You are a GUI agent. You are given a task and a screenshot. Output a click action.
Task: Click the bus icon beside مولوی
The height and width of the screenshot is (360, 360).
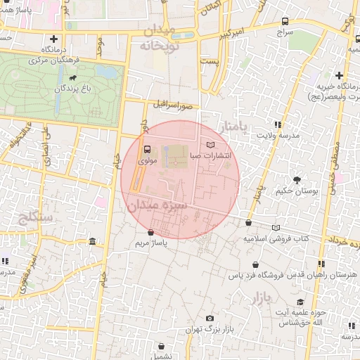pyautogui.click(x=146, y=149)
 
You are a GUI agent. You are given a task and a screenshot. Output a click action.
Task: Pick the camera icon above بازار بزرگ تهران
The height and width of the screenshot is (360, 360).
pyautogui.click(x=209, y=319)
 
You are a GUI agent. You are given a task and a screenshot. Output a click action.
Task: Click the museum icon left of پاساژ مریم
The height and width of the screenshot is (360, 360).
pyautogui.click(x=94, y=242)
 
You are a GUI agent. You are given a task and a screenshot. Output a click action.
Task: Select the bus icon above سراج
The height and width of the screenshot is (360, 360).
pyautogui.click(x=285, y=21)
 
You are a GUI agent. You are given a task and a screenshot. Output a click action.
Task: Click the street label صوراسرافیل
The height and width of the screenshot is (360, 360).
pyautogui.click(x=176, y=106)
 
